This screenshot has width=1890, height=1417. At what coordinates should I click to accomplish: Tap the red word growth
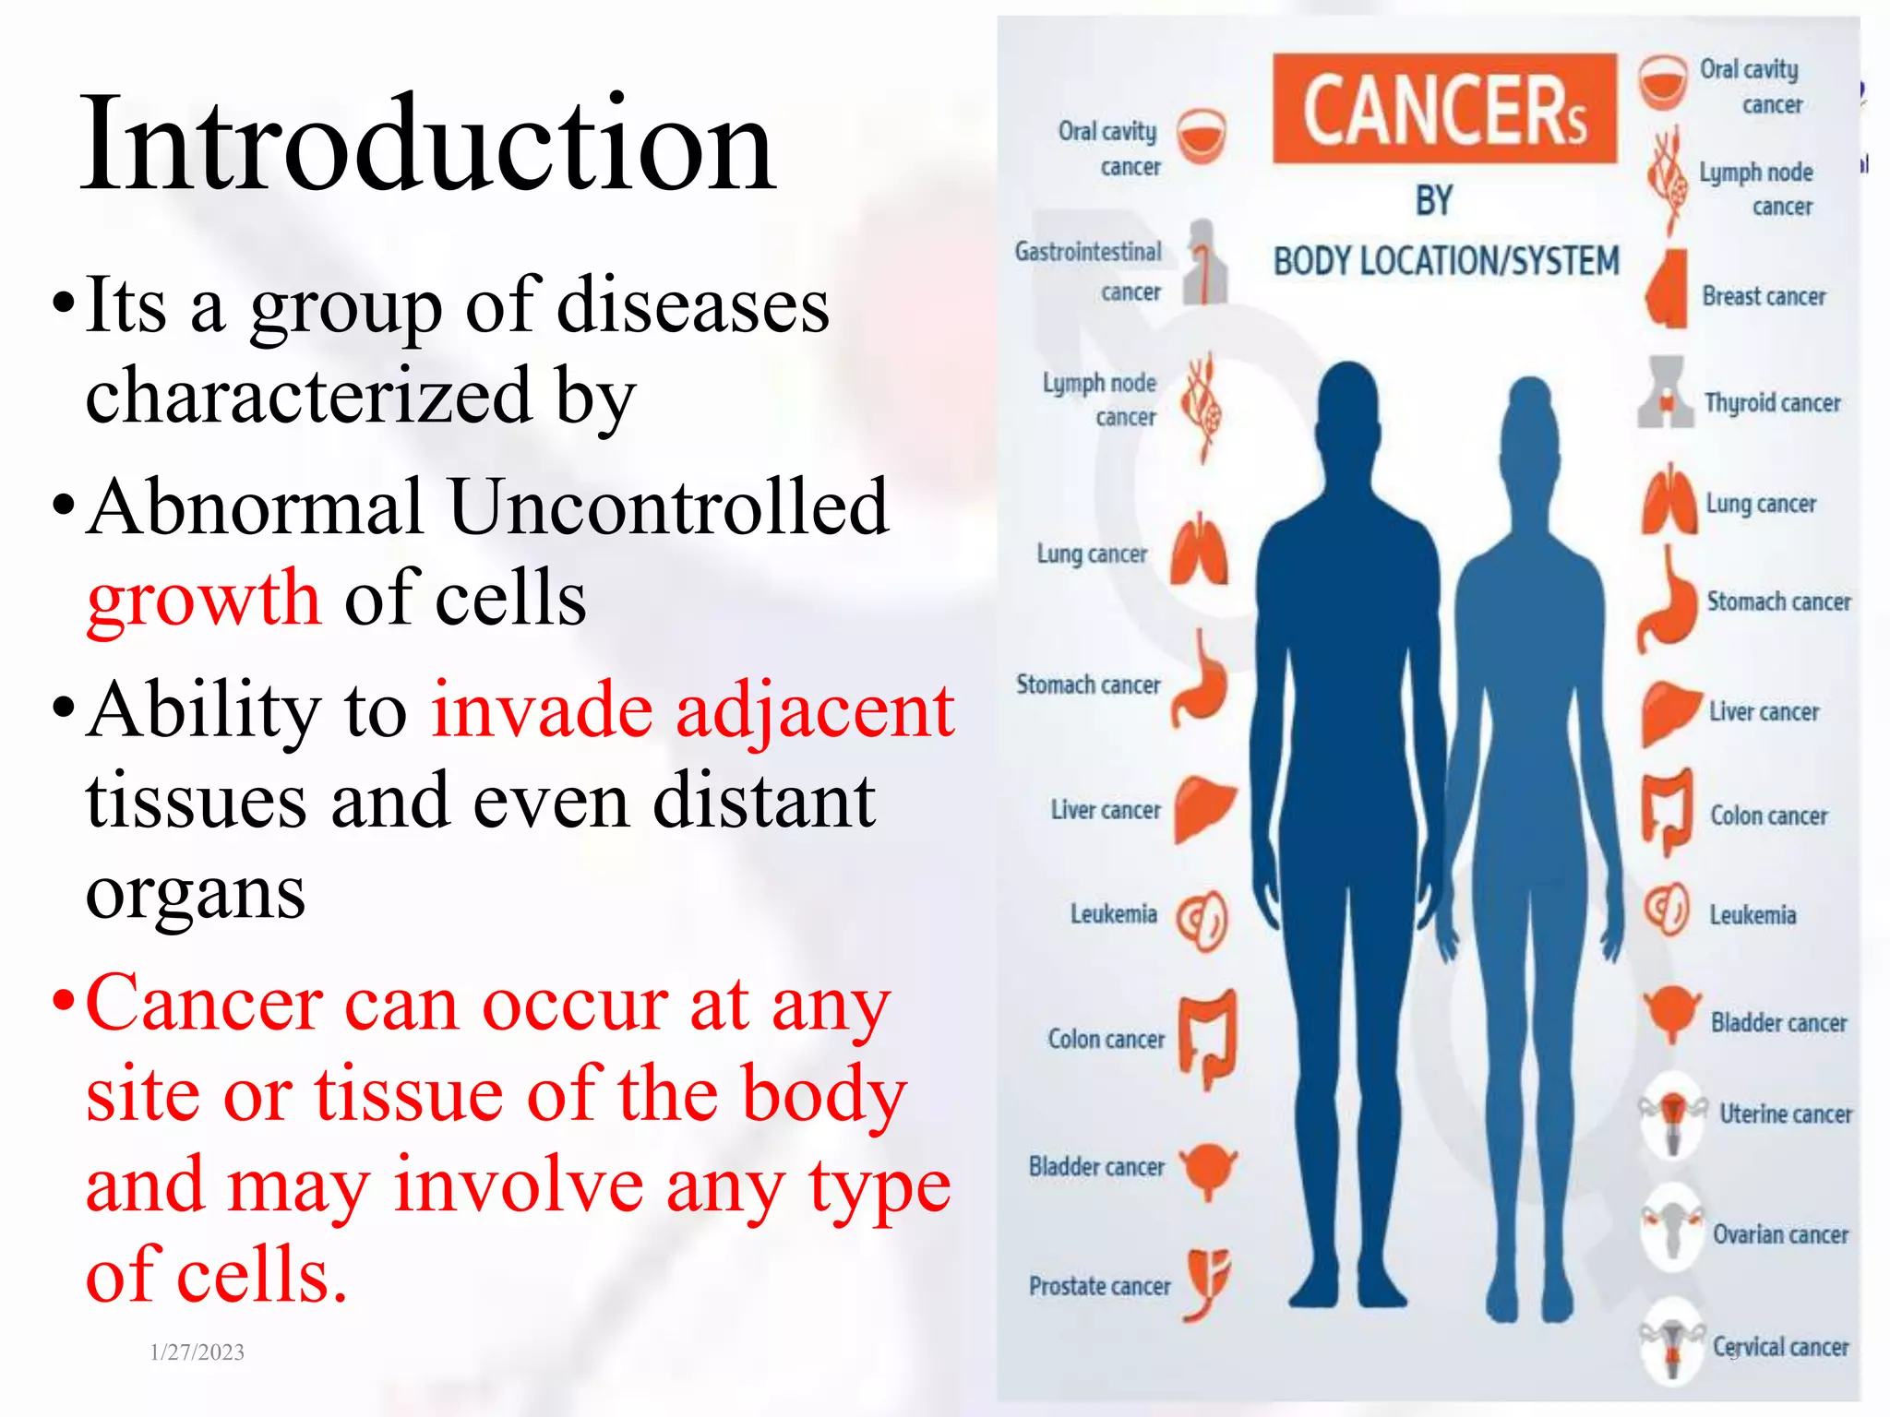click(x=203, y=598)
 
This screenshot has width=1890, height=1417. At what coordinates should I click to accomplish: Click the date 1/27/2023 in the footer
click(x=197, y=1352)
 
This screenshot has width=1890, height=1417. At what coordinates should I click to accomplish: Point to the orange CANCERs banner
click(x=1444, y=109)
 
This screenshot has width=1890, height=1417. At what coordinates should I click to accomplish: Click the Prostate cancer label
click(x=1099, y=1286)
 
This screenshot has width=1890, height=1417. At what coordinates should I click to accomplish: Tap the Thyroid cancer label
click(x=1772, y=403)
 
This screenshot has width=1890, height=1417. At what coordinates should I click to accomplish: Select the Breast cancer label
click(x=1764, y=296)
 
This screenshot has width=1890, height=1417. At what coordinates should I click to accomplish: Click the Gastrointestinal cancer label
click(x=1089, y=271)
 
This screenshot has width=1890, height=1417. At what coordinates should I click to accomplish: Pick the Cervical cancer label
click(x=1780, y=1347)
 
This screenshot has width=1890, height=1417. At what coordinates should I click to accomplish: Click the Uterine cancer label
click(x=1785, y=1114)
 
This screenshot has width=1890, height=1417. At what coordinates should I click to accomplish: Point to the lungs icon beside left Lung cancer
click(x=1200, y=552)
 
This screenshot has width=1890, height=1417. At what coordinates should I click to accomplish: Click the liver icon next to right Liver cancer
click(x=1669, y=711)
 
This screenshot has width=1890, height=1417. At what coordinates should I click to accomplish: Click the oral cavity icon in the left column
click(x=1201, y=137)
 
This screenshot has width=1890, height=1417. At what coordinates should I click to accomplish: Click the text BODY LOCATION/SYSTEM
click(x=1446, y=261)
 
